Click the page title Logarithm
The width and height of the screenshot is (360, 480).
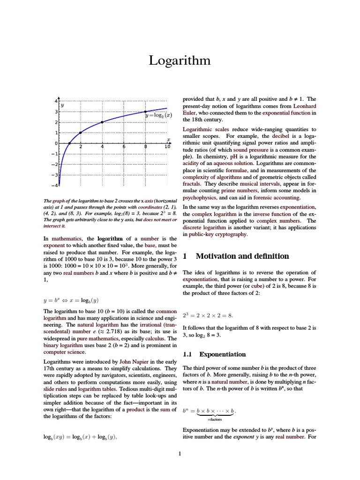point(180,61)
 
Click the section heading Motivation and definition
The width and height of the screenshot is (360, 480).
point(242,256)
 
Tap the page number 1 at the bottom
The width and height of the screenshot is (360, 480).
point(180,453)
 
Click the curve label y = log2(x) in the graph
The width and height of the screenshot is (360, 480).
point(158,115)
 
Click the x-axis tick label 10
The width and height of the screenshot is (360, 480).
point(167,147)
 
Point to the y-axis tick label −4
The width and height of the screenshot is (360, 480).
point(54,186)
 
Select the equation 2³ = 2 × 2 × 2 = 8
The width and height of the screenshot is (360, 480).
point(208,315)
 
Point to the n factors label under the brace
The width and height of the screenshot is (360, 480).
point(215,420)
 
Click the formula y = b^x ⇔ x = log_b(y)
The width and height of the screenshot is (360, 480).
point(71,300)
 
